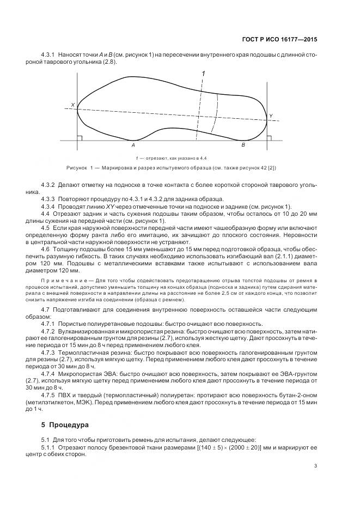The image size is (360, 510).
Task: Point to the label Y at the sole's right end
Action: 271,116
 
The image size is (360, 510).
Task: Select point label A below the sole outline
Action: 132,146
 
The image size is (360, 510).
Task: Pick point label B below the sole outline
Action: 243,146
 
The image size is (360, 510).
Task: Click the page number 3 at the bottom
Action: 315,465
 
